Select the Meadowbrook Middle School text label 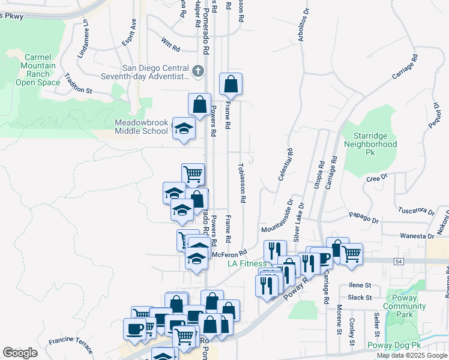click(142, 127)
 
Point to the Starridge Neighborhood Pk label click(370, 140)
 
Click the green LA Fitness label click(247, 264)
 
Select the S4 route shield click(399, 261)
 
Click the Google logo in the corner click(20, 353)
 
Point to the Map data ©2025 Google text click(411, 355)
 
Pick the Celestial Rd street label click(285, 165)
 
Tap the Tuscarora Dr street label click(416, 211)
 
